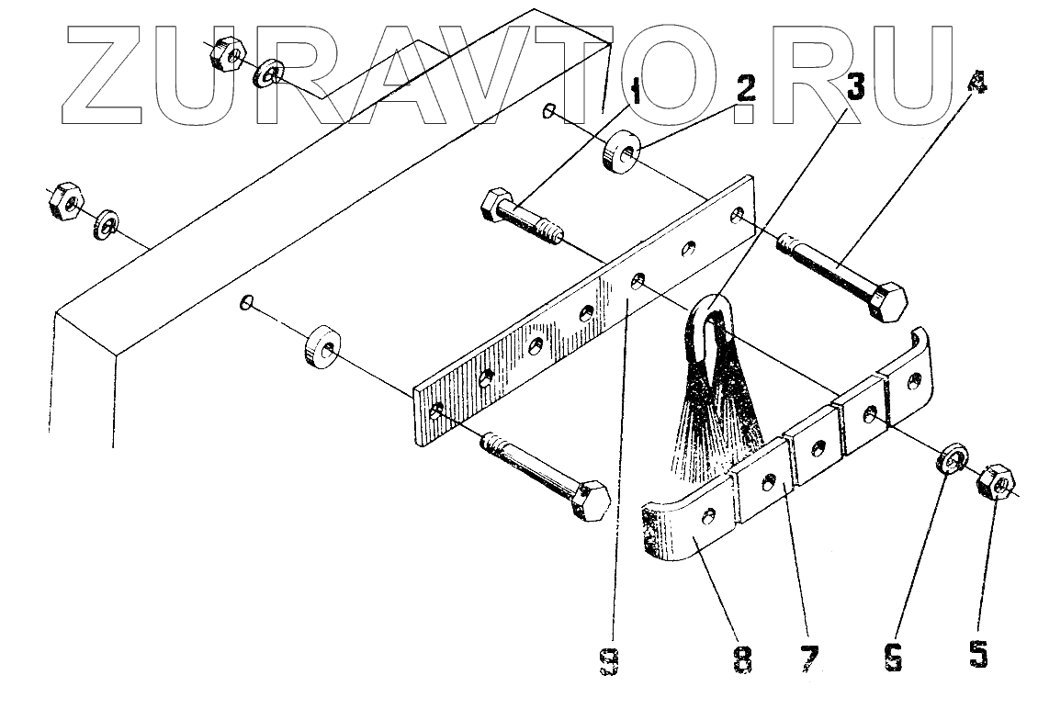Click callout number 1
pos(635,92)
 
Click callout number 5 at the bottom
pos(979,654)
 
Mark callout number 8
pos(742,658)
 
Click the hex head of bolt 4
pos(887,301)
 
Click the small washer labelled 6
pos(949,459)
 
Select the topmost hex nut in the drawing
pos(226,55)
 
